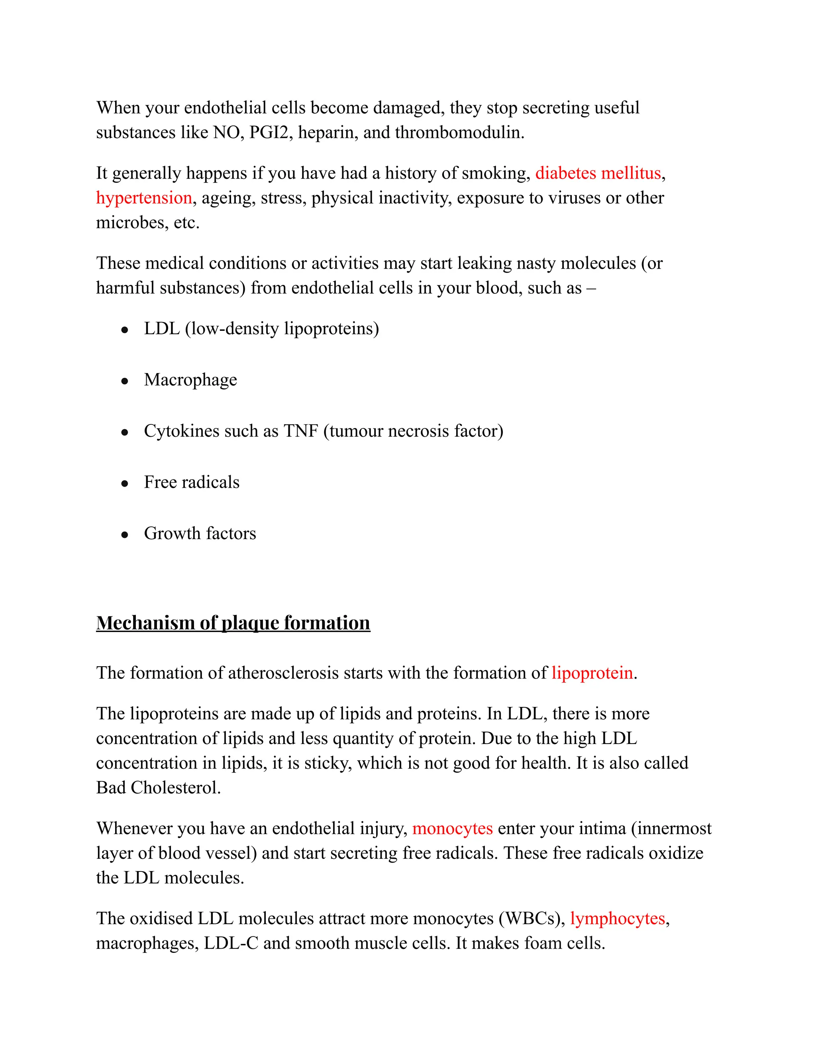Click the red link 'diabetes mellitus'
pos(598,173)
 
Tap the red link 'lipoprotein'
pos(592,673)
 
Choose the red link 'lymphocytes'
pos(617,918)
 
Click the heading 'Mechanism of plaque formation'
pos(233,623)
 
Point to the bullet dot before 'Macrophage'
pos(125,381)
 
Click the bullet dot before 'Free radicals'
pos(125,483)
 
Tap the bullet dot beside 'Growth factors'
pos(125,535)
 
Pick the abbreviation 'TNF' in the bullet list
pos(301,431)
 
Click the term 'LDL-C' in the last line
pos(231,943)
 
